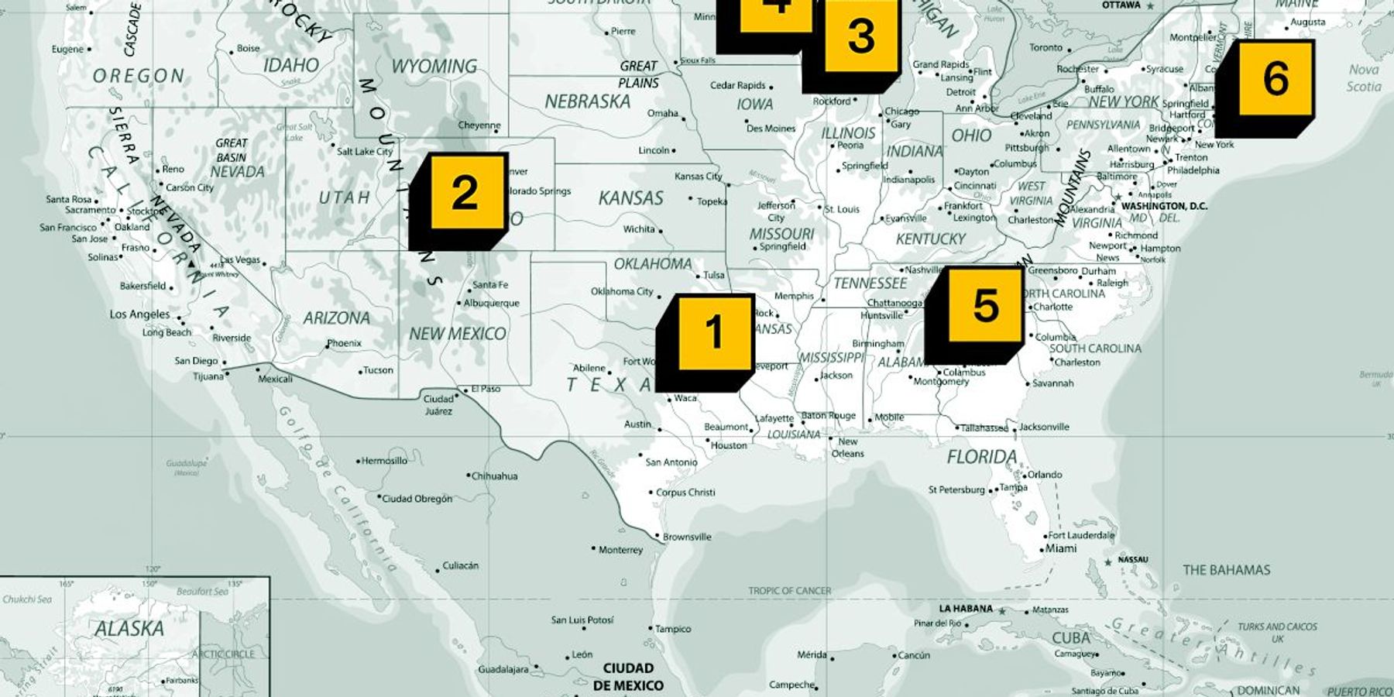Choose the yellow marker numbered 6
pyautogui.click(x=1276, y=78)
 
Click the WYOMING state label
pyautogui.click(x=434, y=67)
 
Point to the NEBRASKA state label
pyautogui.click(x=587, y=101)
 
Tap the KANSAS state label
pyautogui.click(x=630, y=198)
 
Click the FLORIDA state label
pyautogui.click(x=982, y=457)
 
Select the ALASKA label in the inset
pyautogui.click(x=129, y=629)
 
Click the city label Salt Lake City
pyautogui.click(x=364, y=151)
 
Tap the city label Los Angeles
pyautogui.click(x=139, y=314)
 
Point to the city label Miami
pyautogui.click(x=1061, y=548)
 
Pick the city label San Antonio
pyautogui.click(x=671, y=462)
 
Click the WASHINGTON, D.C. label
pyautogui.click(x=1164, y=207)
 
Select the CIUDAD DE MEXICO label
pyautogui.click(x=628, y=676)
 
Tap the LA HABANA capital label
pyautogui.click(x=966, y=609)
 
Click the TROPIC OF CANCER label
pyautogui.click(x=789, y=591)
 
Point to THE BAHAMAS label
pyautogui.click(x=1226, y=570)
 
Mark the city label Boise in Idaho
pyautogui.click(x=248, y=48)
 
